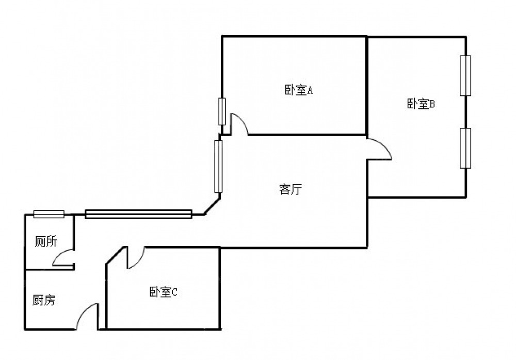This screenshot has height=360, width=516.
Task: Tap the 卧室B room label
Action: pos(421,104)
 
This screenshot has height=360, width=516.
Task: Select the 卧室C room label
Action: pos(164,292)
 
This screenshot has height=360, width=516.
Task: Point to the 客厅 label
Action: pos(290,189)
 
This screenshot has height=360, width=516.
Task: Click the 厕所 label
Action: pos(46,241)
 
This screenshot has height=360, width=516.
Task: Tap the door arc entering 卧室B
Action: pos(381,149)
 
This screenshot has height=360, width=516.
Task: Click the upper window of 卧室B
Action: pos(465,75)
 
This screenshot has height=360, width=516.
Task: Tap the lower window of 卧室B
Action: pos(465,148)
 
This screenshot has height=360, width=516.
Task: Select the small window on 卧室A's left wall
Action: pos(222,111)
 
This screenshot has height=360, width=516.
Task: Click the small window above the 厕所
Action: pos(49,214)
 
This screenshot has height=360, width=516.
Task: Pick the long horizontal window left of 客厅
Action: pos(138,214)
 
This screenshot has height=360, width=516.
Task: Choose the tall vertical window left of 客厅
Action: pos(218,166)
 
